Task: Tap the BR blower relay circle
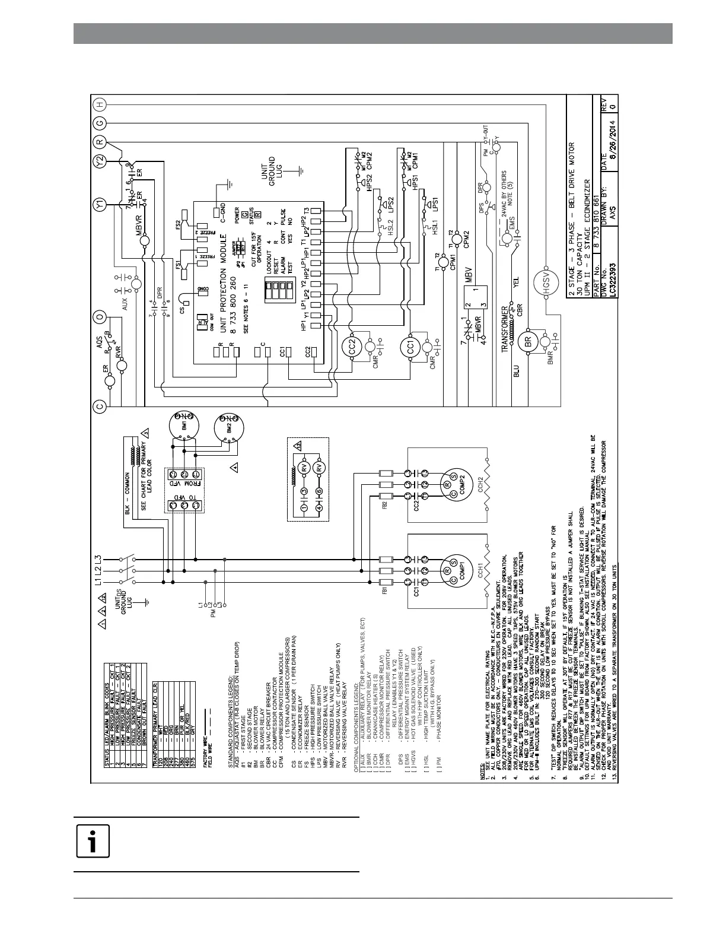(x=527, y=342)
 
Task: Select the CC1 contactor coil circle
(x=410, y=348)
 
